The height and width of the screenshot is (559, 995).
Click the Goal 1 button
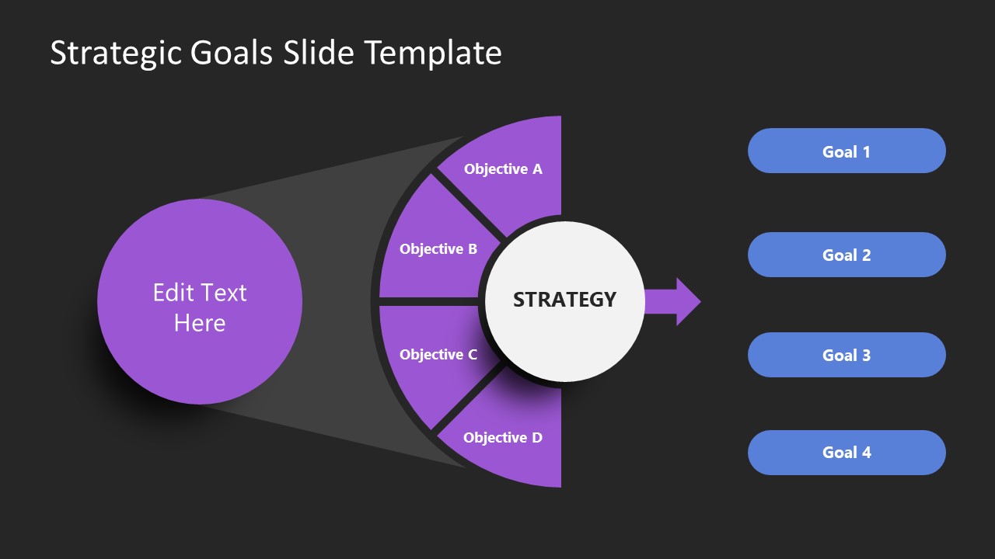click(x=847, y=151)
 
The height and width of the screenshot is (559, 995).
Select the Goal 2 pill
click(x=847, y=255)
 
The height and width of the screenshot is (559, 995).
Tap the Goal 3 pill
click(x=847, y=355)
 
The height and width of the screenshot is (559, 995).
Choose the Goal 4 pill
click(x=847, y=453)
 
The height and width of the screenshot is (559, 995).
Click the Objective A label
click(x=503, y=168)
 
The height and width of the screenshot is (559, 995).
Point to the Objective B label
click(x=438, y=249)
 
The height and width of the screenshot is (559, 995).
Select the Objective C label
click(x=438, y=355)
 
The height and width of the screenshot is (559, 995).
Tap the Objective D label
click(x=503, y=438)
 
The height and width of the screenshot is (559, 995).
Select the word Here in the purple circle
click(x=200, y=323)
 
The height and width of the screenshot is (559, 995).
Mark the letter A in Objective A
click(x=536, y=168)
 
